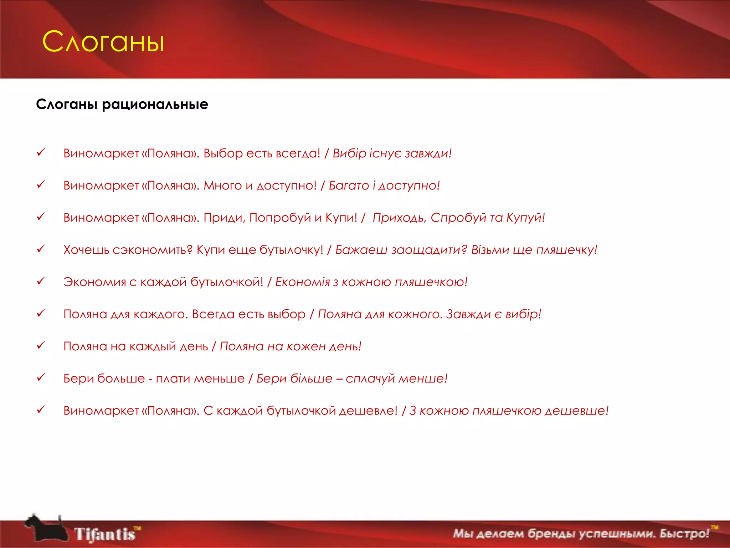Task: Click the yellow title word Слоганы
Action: (103, 42)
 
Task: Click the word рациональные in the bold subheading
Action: (155, 105)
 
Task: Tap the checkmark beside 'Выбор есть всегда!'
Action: (41, 153)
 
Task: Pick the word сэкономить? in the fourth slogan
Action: (153, 250)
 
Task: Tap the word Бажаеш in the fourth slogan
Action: (361, 250)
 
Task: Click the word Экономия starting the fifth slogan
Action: (95, 282)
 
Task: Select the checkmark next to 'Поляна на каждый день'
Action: (41, 345)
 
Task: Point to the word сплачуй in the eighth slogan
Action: (370, 379)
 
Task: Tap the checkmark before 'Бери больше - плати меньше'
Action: (41, 377)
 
